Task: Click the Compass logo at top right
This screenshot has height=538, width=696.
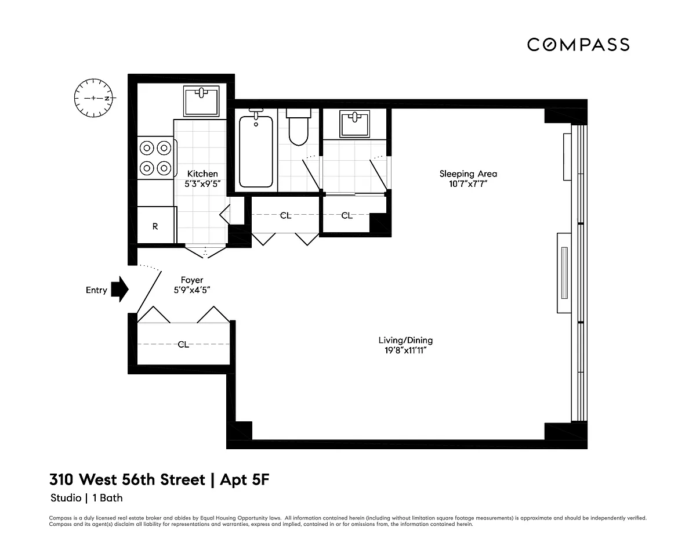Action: point(578,45)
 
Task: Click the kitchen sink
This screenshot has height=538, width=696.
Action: point(201,101)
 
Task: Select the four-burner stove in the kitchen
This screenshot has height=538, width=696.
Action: point(155,158)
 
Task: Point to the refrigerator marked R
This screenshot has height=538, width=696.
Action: point(155,225)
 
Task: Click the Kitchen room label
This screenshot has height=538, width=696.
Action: point(202,174)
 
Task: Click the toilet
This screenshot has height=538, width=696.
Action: point(299,127)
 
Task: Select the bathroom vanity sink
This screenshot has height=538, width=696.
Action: point(354,124)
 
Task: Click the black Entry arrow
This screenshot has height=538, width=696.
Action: point(120,289)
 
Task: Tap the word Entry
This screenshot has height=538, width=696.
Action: point(96,290)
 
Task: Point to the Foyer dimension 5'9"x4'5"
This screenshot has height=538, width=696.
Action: point(192,290)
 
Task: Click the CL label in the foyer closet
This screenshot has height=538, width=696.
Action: point(183,345)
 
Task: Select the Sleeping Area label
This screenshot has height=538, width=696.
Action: point(468,174)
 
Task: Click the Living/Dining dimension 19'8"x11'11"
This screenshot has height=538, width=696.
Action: point(405,350)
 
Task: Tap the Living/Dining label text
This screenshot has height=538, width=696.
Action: point(405,340)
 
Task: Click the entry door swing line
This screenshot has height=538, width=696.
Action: point(149,293)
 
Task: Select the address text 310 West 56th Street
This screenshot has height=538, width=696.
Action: point(127,480)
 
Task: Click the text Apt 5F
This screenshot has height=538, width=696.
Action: point(245,480)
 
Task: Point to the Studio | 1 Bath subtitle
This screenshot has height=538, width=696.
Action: point(86,498)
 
